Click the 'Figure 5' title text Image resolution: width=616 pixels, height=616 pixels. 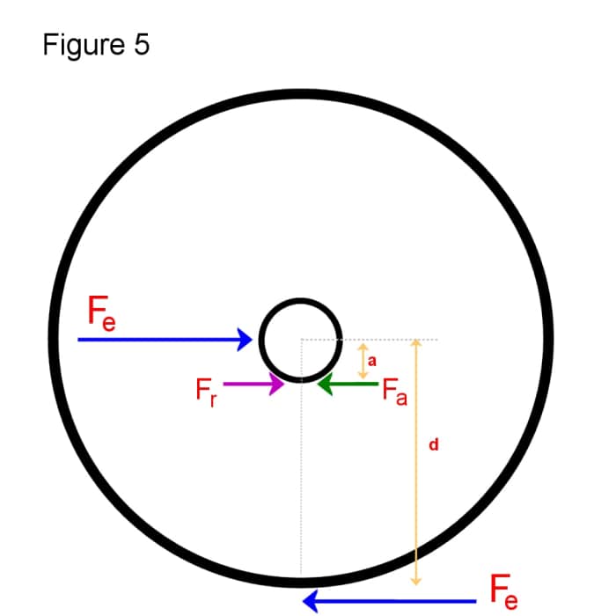(x=96, y=45)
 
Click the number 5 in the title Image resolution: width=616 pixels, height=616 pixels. (x=143, y=45)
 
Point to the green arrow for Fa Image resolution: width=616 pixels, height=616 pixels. (x=348, y=384)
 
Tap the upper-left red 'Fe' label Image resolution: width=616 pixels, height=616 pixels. (x=101, y=313)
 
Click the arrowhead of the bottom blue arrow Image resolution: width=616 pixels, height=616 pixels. (x=310, y=601)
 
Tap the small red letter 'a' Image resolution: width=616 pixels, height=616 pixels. (x=372, y=361)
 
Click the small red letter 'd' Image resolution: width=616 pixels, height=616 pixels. (x=433, y=446)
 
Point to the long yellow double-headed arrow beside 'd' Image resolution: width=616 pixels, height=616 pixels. (x=417, y=462)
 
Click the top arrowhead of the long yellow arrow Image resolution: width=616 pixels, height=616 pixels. (x=417, y=344)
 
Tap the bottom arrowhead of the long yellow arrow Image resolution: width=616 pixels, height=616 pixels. (x=417, y=581)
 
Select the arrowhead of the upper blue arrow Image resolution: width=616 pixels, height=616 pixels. (x=246, y=339)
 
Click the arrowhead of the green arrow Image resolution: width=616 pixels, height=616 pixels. (x=324, y=384)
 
